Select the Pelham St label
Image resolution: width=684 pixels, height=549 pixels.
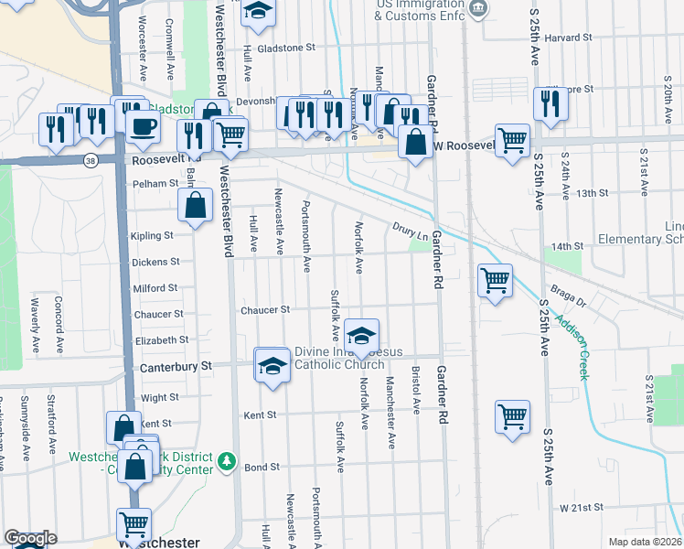pyautogui.click(x=155, y=184)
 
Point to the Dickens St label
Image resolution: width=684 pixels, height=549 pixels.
pyautogui.click(x=155, y=262)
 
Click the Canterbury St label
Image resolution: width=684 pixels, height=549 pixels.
pyautogui.click(x=176, y=366)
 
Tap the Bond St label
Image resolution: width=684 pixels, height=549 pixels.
pyautogui.click(x=262, y=468)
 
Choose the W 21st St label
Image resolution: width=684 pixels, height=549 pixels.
pyautogui.click(x=582, y=507)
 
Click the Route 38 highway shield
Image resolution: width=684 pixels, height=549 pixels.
pyautogui.click(x=90, y=161)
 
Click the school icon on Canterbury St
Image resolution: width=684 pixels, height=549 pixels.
pyautogui.click(x=271, y=364)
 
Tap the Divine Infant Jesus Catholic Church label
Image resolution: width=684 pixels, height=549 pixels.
pyautogui.click(x=339, y=359)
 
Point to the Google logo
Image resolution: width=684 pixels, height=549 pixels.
pyautogui.click(x=31, y=539)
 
